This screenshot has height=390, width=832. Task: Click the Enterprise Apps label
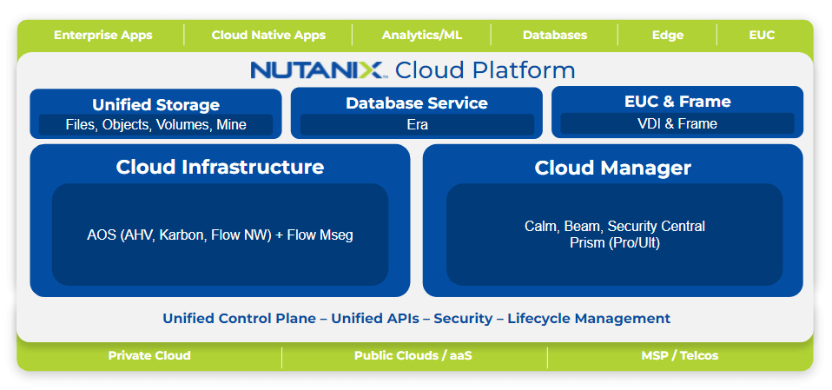[x=102, y=36]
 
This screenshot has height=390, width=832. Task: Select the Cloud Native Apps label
[x=268, y=36]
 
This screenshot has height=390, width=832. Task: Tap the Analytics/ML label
[x=421, y=36]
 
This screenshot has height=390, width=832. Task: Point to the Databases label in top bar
[x=554, y=36]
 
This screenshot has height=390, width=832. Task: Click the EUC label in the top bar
[x=762, y=36]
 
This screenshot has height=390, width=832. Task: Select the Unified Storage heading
[x=155, y=105]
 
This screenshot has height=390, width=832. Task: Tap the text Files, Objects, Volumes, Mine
[x=155, y=125]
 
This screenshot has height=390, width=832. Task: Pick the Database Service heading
[x=416, y=103]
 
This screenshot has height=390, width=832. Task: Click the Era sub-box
[x=416, y=125]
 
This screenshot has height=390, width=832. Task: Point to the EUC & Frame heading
[x=677, y=102]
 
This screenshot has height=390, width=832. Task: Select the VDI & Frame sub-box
[x=677, y=124]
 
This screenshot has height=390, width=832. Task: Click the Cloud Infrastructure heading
[x=220, y=167]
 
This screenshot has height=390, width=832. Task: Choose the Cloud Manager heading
[x=612, y=168]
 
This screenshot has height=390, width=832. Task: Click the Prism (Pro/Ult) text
[x=614, y=243]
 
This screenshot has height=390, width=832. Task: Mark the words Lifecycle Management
[x=589, y=319]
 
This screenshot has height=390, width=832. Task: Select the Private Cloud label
[x=149, y=356]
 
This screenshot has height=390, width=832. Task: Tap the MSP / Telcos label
[x=679, y=356]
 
